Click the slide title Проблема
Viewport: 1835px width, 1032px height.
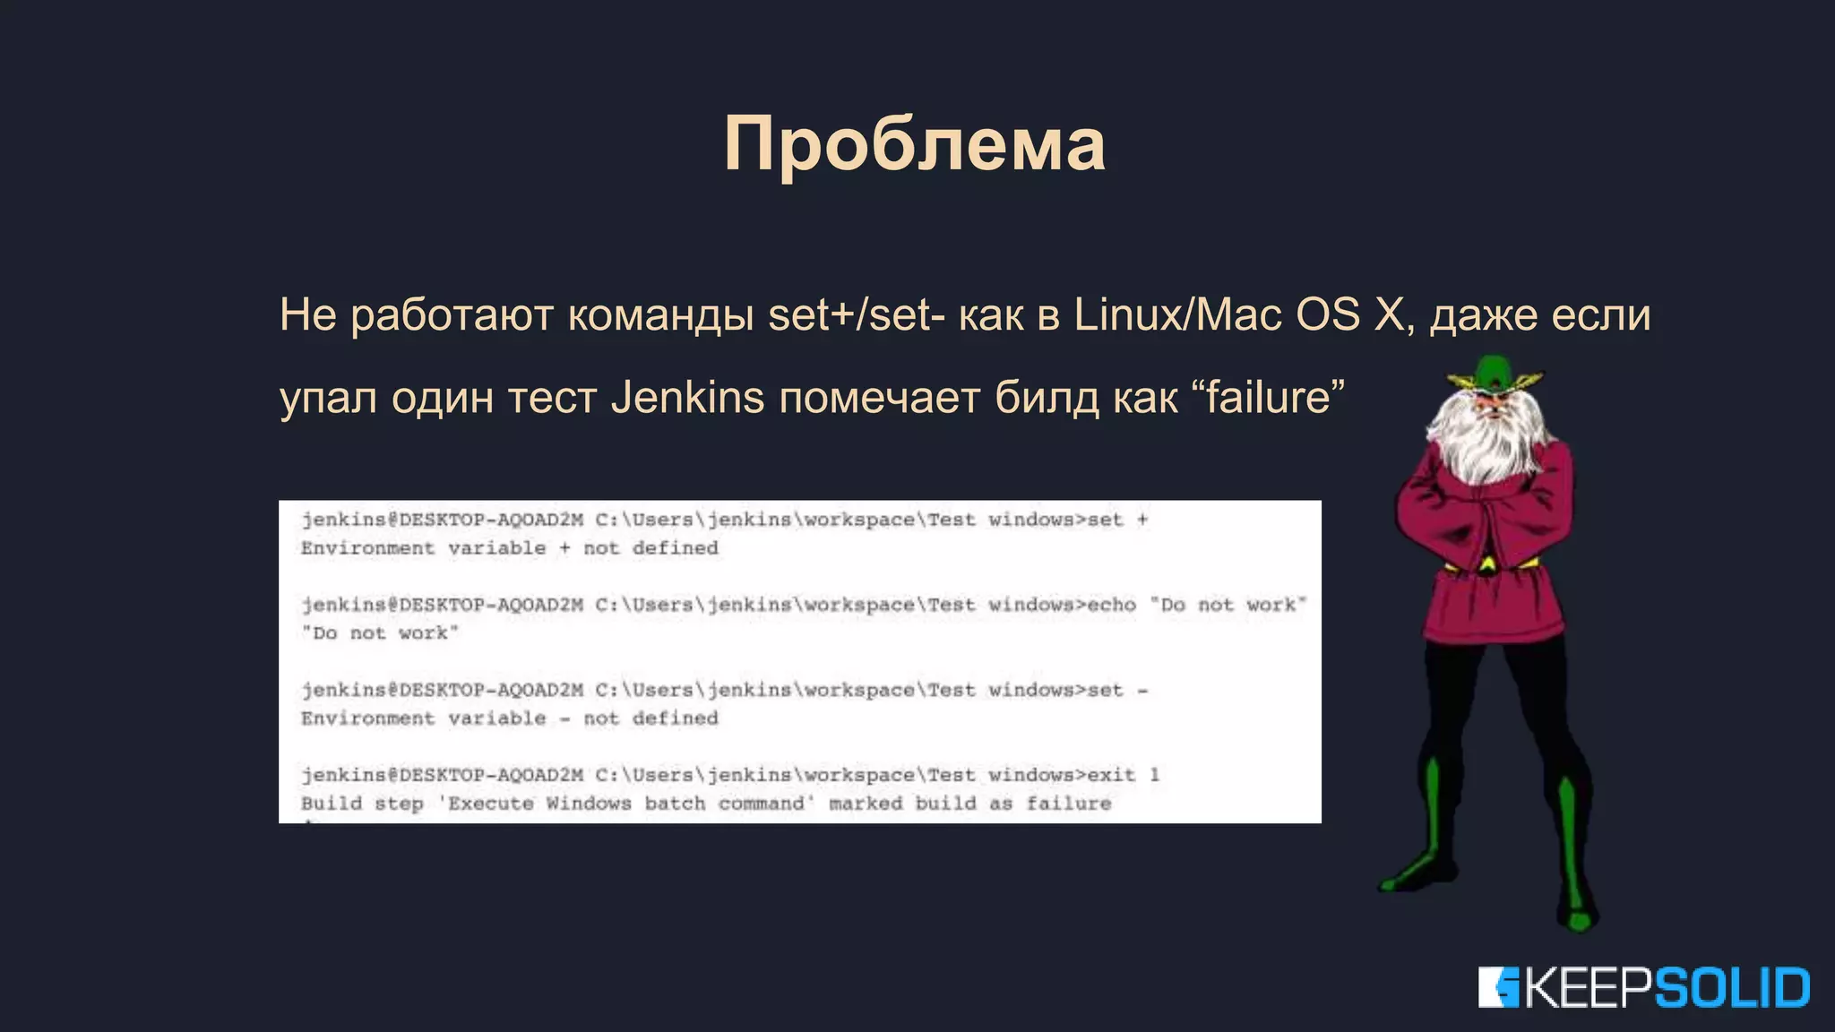(x=915, y=143)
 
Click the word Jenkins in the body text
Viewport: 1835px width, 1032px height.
(x=687, y=397)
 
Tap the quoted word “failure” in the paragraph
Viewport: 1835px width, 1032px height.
(x=1269, y=397)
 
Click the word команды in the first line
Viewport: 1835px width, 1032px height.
(x=660, y=314)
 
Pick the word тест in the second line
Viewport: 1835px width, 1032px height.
(x=552, y=397)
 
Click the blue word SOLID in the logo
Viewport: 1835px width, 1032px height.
(x=1731, y=988)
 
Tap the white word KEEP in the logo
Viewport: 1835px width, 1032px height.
(x=1587, y=988)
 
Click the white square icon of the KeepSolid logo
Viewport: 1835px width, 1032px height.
(x=1498, y=987)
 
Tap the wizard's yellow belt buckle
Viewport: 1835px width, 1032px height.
(x=1487, y=564)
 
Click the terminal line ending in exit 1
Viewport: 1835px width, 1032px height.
(x=730, y=775)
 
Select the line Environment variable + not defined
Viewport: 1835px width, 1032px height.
(x=510, y=547)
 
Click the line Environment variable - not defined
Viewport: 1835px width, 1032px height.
(x=510, y=718)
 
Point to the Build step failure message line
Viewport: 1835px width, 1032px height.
(x=706, y=803)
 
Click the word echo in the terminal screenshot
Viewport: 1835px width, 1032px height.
(x=1112, y=605)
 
